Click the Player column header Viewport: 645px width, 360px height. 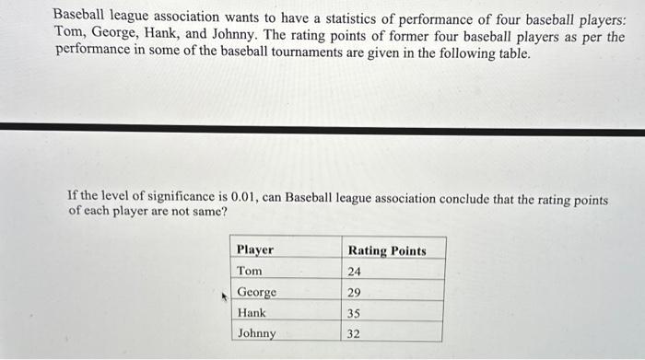(x=255, y=250)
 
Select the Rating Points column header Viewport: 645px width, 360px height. (x=387, y=250)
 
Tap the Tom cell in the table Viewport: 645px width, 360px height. (x=250, y=271)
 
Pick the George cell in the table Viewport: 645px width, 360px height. (x=257, y=292)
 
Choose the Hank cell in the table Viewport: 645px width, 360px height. (x=252, y=313)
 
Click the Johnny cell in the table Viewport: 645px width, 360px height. (x=257, y=333)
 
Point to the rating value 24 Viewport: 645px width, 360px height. (x=355, y=272)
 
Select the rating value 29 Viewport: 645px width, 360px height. (x=355, y=293)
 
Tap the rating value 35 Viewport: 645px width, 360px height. (x=355, y=314)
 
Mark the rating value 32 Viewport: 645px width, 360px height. (x=355, y=334)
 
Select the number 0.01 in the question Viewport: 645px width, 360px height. (x=241, y=196)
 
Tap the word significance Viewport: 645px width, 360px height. (x=183, y=196)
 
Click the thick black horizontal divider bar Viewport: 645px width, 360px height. (x=322, y=131)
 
